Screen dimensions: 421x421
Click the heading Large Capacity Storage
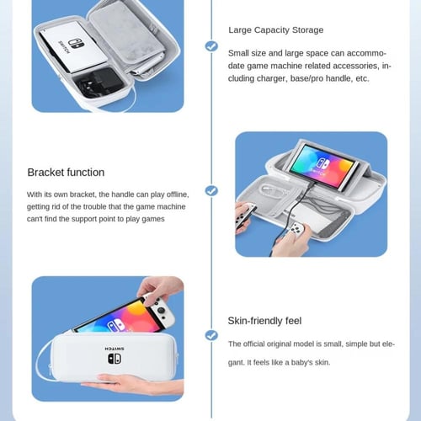pyautogui.click(x=275, y=30)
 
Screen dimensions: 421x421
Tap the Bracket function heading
pyautogui.click(x=66, y=173)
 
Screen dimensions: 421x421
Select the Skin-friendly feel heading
pyautogui.click(x=264, y=321)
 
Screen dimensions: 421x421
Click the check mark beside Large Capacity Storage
pyautogui.click(x=211, y=46)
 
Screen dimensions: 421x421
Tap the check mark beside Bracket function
pyautogui.click(x=211, y=191)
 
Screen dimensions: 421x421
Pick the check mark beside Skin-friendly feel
pyautogui.click(x=211, y=335)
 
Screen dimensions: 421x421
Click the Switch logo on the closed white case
pyautogui.click(x=115, y=359)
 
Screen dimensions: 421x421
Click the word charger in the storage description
pyautogui.click(x=270, y=78)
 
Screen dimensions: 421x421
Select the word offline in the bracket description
pyautogui.click(x=178, y=195)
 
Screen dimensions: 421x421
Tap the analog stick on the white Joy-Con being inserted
pyautogui.click(x=161, y=310)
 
